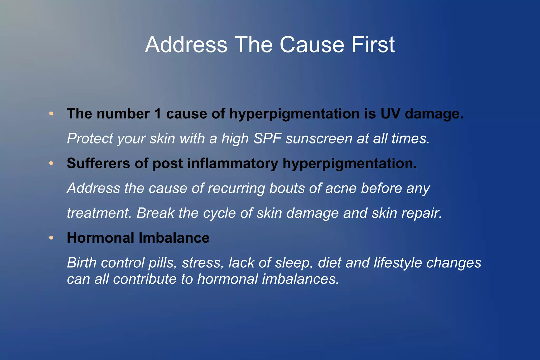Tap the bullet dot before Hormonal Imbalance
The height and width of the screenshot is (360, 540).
(51, 238)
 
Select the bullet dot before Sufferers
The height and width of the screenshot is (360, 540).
(51, 163)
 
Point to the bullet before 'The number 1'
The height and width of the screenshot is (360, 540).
(51, 114)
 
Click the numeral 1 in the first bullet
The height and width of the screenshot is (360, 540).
(157, 114)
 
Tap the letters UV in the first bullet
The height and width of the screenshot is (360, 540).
(390, 114)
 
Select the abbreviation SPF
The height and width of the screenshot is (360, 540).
(267, 138)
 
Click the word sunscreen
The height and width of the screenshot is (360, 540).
(319, 138)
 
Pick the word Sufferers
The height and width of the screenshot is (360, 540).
(98, 163)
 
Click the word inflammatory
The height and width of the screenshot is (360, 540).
(233, 163)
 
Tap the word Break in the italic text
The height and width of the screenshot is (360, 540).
(155, 213)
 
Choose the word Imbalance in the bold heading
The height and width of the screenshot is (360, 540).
(174, 238)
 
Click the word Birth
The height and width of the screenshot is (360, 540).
(81, 263)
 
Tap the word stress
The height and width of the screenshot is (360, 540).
(202, 263)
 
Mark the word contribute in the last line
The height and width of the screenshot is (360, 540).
(144, 279)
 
